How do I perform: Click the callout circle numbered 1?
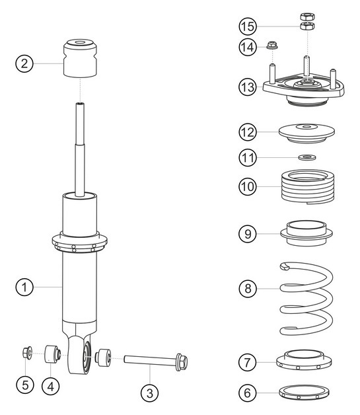click(x=24, y=287)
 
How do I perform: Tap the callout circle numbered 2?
click(x=24, y=63)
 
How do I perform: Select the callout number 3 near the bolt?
click(x=150, y=393)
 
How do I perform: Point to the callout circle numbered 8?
click(x=247, y=288)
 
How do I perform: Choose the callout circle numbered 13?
click(x=247, y=86)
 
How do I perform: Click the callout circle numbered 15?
click(x=247, y=26)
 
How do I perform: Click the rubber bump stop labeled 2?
click(x=80, y=58)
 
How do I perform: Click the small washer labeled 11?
click(x=305, y=158)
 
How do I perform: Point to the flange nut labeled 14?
click(x=271, y=46)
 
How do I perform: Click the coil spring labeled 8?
click(x=305, y=297)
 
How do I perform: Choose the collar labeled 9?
click(x=305, y=232)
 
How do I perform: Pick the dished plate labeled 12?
click(x=305, y=132)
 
